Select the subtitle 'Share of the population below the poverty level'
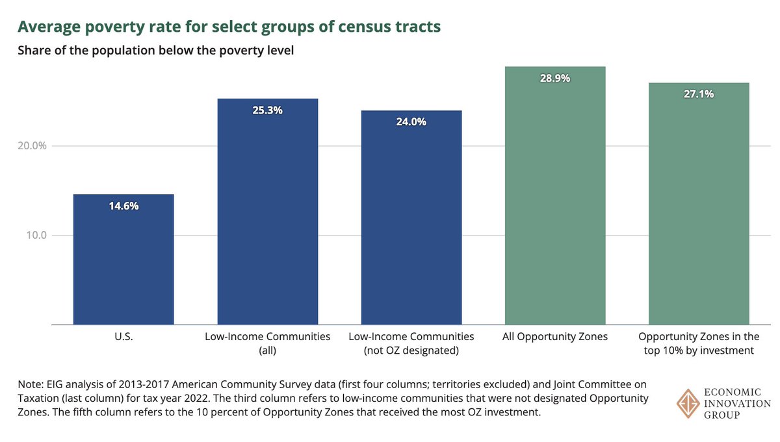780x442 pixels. pos(156,51)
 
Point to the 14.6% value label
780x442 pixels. pos(123,206)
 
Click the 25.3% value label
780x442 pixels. pos(267,110)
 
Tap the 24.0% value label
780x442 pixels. pos(411,122)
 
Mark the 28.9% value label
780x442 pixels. pos(555,78)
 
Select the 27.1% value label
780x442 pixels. pos(699,94)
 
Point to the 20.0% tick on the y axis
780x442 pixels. pos(32,145)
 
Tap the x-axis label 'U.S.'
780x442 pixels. pos(123,337)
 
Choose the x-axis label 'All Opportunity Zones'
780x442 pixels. pos(555,337)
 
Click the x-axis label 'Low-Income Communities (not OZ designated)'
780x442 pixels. pos(411,343)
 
